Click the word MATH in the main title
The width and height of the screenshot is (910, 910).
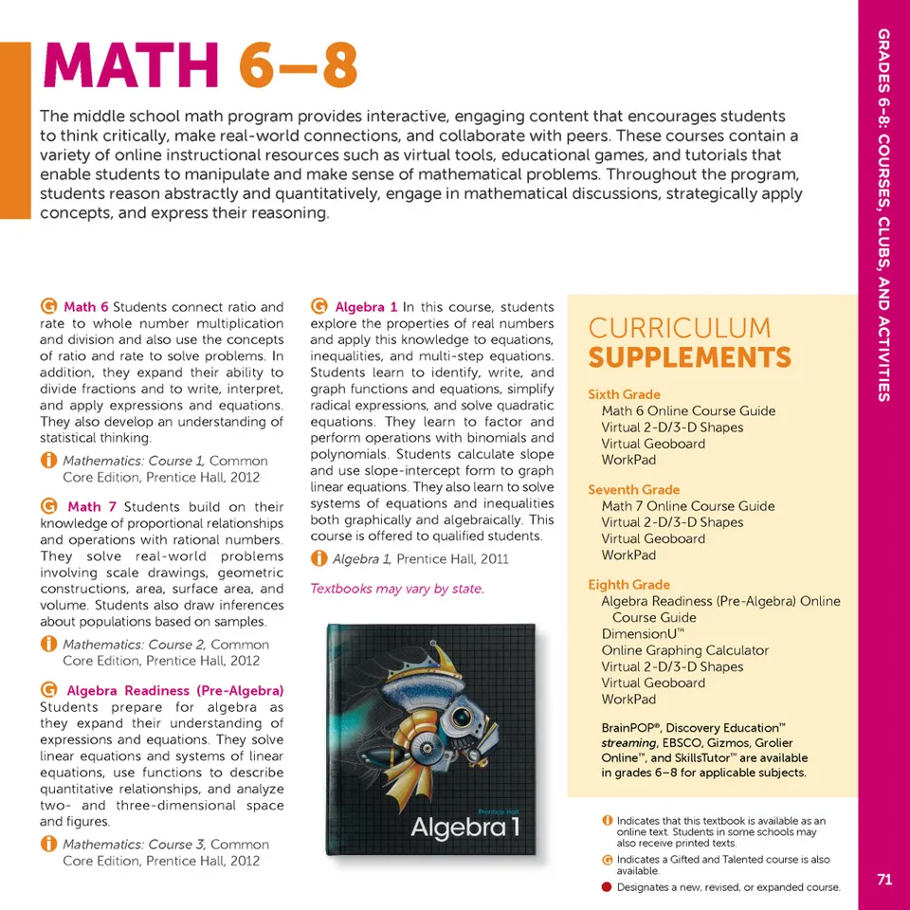(x=129, y=66)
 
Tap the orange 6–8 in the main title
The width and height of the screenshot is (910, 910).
(x=298, y=66)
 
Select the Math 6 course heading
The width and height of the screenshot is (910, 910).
(x=86, y=307)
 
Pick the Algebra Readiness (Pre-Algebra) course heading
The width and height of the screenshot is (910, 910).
(x=174, y=690)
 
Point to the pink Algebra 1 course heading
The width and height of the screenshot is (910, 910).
(x=366, y=307)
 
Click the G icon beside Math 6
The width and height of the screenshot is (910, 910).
(x=47, y=307)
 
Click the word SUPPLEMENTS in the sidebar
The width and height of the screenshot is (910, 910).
(x=689, y=358)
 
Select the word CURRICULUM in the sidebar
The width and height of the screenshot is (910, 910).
(x=680, y=328)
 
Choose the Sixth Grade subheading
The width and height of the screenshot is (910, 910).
(x=624, y=394)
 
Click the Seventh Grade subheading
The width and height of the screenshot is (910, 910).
(x=633, y=490)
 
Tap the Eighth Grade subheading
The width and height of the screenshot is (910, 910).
(x=628, y=585)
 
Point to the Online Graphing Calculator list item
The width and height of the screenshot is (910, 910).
(x=684, y=650)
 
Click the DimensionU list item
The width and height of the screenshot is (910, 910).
(x=643, y=634)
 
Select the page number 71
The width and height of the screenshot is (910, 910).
(x=884, y=880)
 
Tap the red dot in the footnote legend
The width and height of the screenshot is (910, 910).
(x=607, y=888)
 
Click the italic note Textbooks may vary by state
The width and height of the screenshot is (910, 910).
(x=397, y=589)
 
